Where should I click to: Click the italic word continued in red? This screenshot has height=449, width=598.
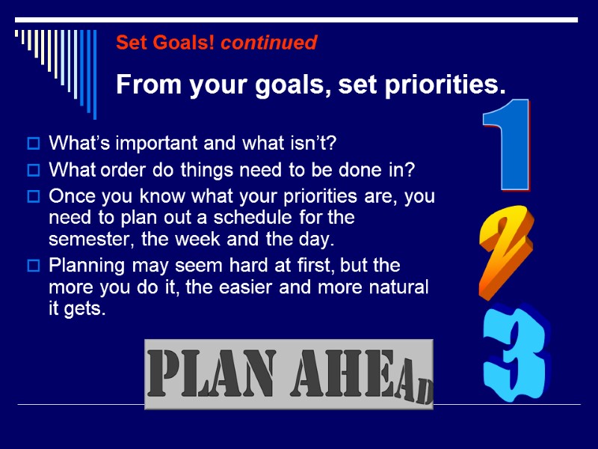click(269, 43)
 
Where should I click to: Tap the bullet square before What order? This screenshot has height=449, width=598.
click(33, 171)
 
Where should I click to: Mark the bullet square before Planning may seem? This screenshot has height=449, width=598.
click(33, 266)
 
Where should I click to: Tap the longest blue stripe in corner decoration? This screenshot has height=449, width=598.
click(93, 73)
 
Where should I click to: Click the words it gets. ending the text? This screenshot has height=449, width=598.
click(76, 309)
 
